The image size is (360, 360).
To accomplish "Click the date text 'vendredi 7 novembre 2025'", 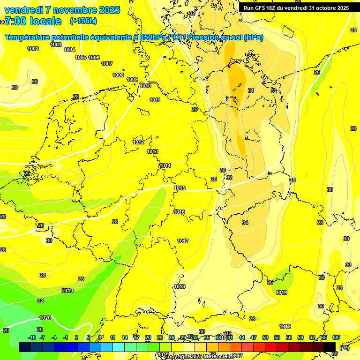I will tap(62, 10).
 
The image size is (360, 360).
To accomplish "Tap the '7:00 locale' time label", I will tap(33, 21).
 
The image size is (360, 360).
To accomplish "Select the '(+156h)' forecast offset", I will tap(83, 21).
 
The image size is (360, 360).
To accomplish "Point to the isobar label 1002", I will tap(33, 49).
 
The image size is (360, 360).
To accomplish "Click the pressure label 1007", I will tap(107, 64).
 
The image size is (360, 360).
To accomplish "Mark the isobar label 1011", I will tap(155, 100).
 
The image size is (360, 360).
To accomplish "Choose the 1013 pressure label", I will tap(152, 151).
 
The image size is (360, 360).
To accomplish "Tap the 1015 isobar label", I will tap(180, 188).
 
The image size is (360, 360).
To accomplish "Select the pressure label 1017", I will tap(183, 241).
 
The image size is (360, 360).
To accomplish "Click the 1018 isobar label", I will tap(180, 286).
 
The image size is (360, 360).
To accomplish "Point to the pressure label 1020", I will tap(45, 318).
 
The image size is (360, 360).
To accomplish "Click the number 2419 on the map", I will tap(67, 291).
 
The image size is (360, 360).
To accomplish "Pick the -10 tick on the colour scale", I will tap(32, 337).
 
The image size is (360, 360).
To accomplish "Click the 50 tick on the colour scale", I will tap(265, 337).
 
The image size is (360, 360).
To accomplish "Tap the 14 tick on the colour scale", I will tap(125, 337).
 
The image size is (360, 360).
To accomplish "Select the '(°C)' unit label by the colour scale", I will tap(344, 348).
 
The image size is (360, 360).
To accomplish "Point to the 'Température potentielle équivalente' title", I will tap(70, 37).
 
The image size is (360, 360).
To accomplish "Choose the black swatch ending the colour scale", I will tap(330, 347).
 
